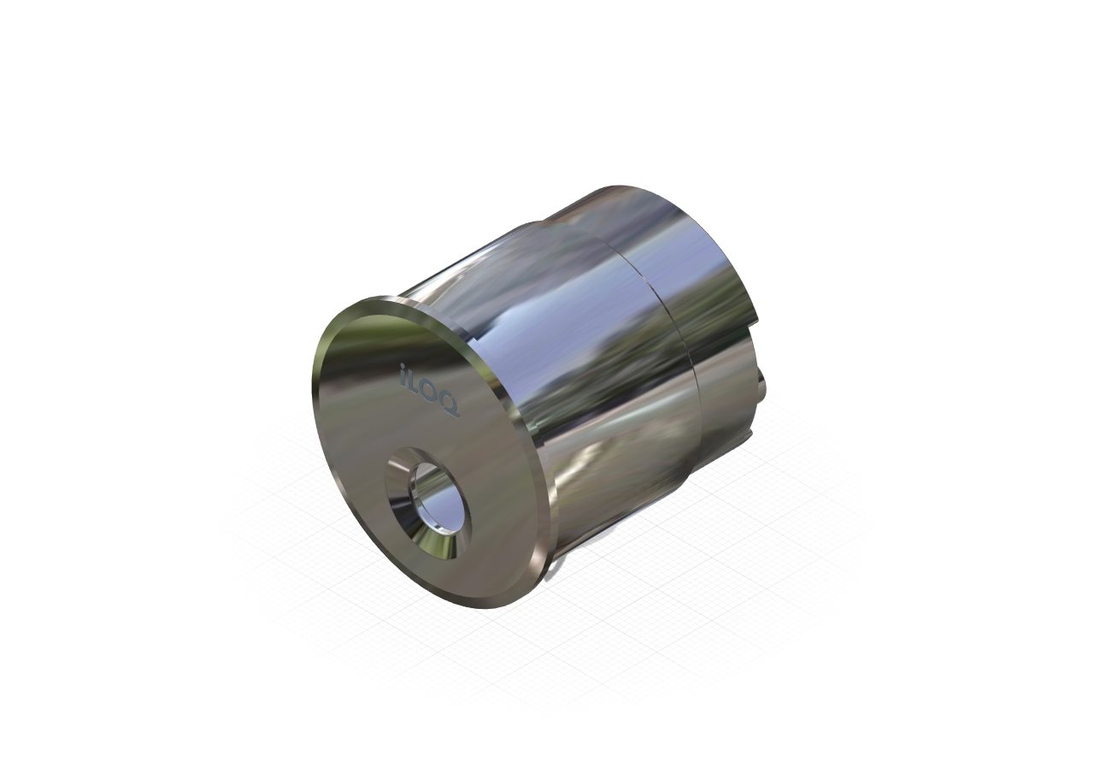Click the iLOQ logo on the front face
[x=429, y=389]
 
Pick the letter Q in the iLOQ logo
[x=449, y=405]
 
